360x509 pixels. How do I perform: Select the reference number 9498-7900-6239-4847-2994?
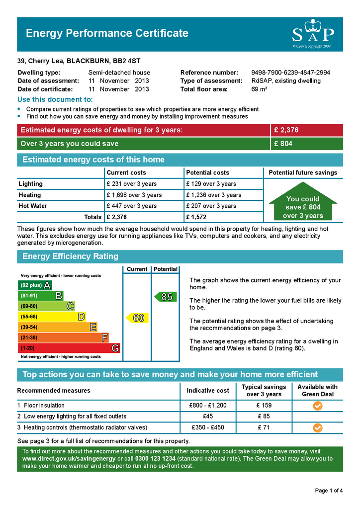click(290, 73)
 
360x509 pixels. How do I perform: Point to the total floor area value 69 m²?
click(260, 89)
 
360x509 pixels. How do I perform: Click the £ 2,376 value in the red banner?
click(286, 130)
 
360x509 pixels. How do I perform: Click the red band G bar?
click(69, 348)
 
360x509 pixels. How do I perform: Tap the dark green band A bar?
click(35, 285)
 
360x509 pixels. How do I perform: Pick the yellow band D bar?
click(52, 317)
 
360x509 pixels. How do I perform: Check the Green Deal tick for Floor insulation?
click(318, 406)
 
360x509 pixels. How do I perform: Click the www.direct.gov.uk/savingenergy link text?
click(69, 458)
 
